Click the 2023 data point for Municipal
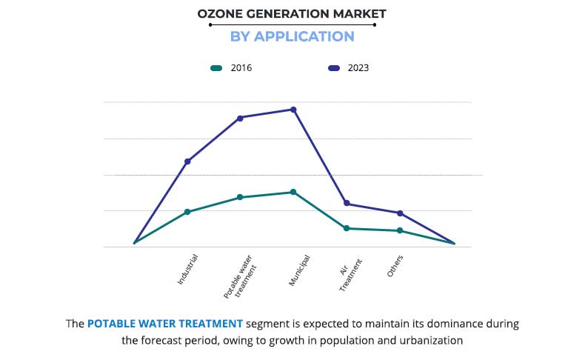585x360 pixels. [293, 110]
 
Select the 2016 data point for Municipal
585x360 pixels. [293, 192]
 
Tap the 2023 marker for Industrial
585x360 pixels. [187, 161]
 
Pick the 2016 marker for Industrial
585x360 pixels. [187, 212]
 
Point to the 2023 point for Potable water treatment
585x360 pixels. [240, 118]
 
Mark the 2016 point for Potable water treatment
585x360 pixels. [240, 197]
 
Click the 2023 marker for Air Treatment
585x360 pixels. [347, 204]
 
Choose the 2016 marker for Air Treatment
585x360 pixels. [347, 228]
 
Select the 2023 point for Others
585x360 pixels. [400, 213]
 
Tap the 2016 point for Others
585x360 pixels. [400, 230]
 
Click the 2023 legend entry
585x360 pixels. [348, 68]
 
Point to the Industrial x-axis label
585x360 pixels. [188, 270]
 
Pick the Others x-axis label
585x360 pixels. [395, 267]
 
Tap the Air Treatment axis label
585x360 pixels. [350, 275]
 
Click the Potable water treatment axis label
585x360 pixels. [238, 277]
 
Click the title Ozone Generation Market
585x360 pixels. [292, 13]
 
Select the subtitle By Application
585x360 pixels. [292, 36]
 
